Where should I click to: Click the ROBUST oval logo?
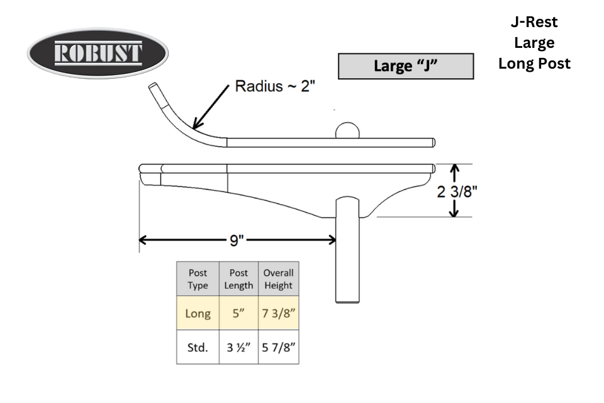98,53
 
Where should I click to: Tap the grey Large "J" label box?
406,66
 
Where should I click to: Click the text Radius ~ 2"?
275,86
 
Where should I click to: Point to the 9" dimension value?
237,241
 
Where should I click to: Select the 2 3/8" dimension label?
457,191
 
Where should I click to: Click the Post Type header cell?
198,279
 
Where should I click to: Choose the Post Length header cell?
238,279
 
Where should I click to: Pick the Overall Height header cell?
279,279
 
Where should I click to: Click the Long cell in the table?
198,313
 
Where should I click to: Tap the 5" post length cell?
238,313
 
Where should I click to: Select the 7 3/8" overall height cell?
279,313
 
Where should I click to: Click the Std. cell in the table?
198,347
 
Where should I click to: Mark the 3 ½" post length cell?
238,347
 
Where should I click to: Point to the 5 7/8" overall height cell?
279,347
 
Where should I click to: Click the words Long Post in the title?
534,64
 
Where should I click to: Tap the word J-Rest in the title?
534,22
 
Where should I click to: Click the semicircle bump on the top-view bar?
347,130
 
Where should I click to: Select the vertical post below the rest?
347,250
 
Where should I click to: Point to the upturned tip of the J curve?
152,86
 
